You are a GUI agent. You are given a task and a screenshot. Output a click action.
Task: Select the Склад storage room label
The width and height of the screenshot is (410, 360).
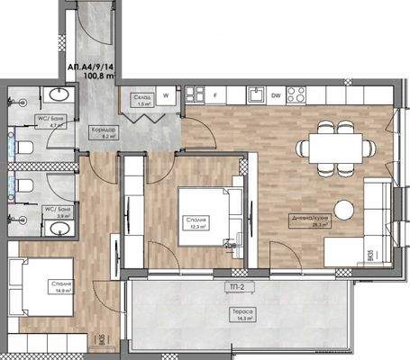point(142,95)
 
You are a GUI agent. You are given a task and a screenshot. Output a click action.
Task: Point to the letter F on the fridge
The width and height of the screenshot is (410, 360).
point(215,94)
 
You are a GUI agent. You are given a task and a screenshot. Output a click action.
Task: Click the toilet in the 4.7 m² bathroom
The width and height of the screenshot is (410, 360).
point(23,146)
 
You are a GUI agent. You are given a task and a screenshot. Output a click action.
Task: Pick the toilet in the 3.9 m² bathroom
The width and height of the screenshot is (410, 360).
point(24,186)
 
